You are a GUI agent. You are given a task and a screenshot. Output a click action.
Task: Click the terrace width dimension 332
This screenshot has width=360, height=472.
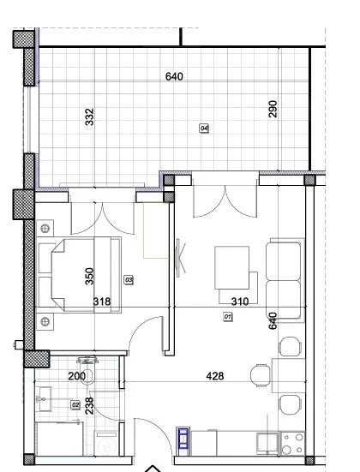[x=89, y=117]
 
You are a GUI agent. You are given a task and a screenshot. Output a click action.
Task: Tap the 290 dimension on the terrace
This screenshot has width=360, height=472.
[x=273, y=109]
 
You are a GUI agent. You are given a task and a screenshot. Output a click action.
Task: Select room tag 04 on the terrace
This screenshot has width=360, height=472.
[x=204, y=128]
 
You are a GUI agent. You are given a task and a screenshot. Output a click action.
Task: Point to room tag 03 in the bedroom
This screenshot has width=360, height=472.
[x=129, y=280]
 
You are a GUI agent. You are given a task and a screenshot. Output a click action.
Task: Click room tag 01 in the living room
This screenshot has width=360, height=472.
[x=228, y=317]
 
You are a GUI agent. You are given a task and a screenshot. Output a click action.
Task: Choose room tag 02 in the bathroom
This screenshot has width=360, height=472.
[x=75, y=405]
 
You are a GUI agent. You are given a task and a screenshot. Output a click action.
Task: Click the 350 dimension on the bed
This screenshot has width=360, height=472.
[x=89, y=277]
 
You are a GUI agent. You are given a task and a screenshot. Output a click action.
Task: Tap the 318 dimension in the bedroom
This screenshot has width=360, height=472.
[x=102, y=302]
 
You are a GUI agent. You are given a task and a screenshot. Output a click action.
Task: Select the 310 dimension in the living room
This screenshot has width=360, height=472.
[x=240, y=302]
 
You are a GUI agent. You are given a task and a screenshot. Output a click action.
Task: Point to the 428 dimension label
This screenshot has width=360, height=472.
[x=215, y=376]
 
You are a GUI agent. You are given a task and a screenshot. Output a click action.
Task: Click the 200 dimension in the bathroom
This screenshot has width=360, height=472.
[x=77, y=376]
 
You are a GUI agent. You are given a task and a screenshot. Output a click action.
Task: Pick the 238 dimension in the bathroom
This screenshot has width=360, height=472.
[x=89, y=406]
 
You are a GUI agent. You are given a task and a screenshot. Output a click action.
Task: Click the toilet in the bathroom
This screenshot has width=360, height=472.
[x=87, y=371]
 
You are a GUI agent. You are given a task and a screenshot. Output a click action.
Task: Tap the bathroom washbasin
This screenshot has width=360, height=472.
[x=44, y=399]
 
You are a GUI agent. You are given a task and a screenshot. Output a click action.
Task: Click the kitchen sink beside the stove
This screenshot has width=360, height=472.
[x=267, y=444]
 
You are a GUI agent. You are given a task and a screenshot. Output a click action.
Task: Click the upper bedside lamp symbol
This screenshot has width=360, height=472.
[x=45, y=229]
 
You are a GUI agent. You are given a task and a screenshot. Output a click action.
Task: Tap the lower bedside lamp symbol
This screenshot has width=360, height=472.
[x=45, y=322]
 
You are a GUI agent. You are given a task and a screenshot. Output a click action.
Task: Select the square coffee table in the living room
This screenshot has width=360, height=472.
[x=232, y=267]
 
